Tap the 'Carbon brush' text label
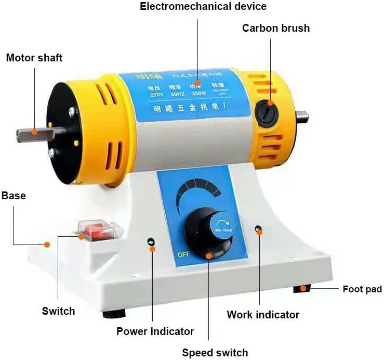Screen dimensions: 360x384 click(275, 28)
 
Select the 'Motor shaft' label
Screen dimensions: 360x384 click(34, 57)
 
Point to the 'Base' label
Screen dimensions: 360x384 click(14, 196)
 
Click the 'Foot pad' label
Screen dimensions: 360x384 click(362, 289)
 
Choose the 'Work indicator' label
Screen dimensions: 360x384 click(263, 315)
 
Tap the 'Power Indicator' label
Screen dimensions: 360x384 click(155, 331)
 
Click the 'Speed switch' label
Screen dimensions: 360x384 click(215, 352)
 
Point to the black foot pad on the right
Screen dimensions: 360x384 click(302, 288)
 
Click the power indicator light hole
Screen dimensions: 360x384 click(151, 242)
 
